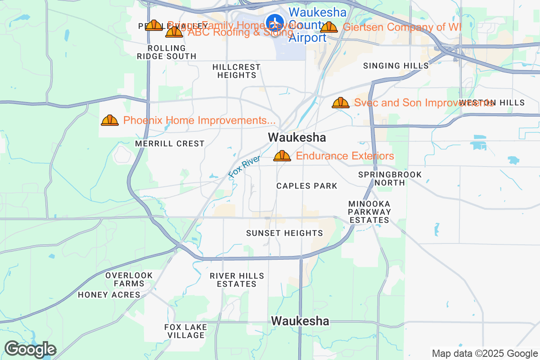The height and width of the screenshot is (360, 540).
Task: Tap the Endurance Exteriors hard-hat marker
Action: click(x=282, y=156)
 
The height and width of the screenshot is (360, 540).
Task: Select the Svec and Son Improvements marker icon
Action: click(x=341, y=103)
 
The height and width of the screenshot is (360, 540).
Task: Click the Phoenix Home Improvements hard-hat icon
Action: click(x=110, y=120)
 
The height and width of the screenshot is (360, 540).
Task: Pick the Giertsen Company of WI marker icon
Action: click(x=329, y=27)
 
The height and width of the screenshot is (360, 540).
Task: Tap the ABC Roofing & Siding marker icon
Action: click(x=174, y=32)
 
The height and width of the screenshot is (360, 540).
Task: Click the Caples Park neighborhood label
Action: click(x=307, y=186)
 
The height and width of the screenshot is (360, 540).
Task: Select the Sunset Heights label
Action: click(x=284, y=233)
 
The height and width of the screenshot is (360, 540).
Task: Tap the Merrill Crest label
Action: click(x=170, y=144)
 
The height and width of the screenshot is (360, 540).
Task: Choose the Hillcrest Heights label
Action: click(x=236, y=71)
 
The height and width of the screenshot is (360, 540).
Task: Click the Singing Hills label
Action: click(x=396, y=66)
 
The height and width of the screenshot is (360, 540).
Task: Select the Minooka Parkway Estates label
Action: click(x=369, y=212)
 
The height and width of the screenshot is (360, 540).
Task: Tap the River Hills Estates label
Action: click(x=237, y=280)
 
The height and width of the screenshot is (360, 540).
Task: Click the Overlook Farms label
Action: click(x=129, y=279)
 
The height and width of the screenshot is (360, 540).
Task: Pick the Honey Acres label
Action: click(x=109, y=295)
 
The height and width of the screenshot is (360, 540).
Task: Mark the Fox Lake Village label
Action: click(x=185, y=331)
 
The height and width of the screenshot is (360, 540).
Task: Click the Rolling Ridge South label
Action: click(x=166, y=52)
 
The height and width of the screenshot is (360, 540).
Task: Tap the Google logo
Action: click(x=30, y=349)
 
